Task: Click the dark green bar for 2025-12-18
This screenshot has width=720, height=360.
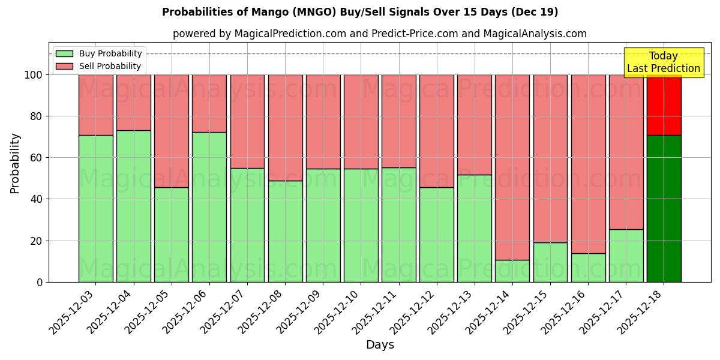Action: coord(664,209)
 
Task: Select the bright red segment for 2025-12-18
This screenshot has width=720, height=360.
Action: coord(664,105)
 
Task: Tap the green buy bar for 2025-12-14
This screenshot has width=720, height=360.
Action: coord(512,271)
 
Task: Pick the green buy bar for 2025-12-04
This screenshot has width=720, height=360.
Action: coord(133,206)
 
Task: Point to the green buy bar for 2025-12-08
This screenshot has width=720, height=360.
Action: coord(285,232)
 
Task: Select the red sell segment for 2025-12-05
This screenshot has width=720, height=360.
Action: coord(171,131)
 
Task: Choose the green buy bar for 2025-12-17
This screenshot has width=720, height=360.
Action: coord(626,256)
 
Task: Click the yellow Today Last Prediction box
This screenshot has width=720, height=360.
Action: coord(663,62)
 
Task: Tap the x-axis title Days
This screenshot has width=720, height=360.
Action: coord(380,345)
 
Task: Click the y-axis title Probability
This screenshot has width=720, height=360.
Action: coord(15,163)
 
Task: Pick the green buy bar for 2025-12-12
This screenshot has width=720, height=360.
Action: coord(436,235)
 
